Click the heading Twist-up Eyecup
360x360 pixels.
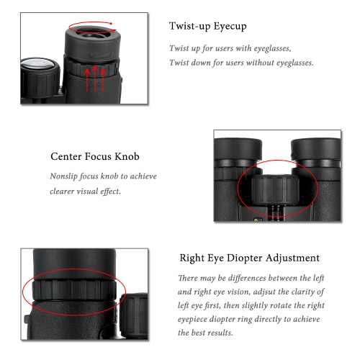[207, 26]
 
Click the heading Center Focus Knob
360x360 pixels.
[95, 156]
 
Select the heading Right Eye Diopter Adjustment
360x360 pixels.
[250, 258]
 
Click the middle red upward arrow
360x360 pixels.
[95, 78]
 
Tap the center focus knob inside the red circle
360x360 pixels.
[275, 189]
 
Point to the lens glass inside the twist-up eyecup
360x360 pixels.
[91, 35]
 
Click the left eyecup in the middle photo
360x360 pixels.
[238, 149]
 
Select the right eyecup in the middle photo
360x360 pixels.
[315, 150]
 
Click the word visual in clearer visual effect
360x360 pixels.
[87, 192]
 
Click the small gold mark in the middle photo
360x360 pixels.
[256, 220]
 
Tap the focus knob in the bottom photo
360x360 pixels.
[133, 315]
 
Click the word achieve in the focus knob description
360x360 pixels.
[143, 176]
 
